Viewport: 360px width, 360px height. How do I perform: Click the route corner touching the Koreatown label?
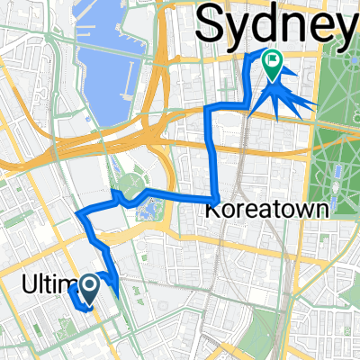click(217, 198)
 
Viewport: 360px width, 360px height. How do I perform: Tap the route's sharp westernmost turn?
click(80, 216)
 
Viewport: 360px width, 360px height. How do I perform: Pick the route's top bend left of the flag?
click(250, 56)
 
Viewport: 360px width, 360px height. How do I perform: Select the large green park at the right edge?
click(337, 144)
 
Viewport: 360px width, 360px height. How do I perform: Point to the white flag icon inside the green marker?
click(271, 61)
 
